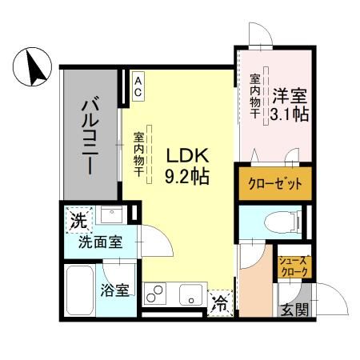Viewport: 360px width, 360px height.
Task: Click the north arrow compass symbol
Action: click(32, 66)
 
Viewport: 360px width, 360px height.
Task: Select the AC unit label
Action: click(137, 86)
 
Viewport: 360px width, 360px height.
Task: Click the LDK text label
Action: click(186, 156)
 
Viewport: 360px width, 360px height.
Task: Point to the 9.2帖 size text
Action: click(186, 176)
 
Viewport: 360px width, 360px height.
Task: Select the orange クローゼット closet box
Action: click(273, 183)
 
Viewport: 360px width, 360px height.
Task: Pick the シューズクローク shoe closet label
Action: click(293, 267)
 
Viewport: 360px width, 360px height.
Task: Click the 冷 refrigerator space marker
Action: click(220, 303)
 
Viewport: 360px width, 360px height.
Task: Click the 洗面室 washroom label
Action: click(100, 242)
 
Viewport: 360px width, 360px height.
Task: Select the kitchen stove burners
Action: click(156, 294)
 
